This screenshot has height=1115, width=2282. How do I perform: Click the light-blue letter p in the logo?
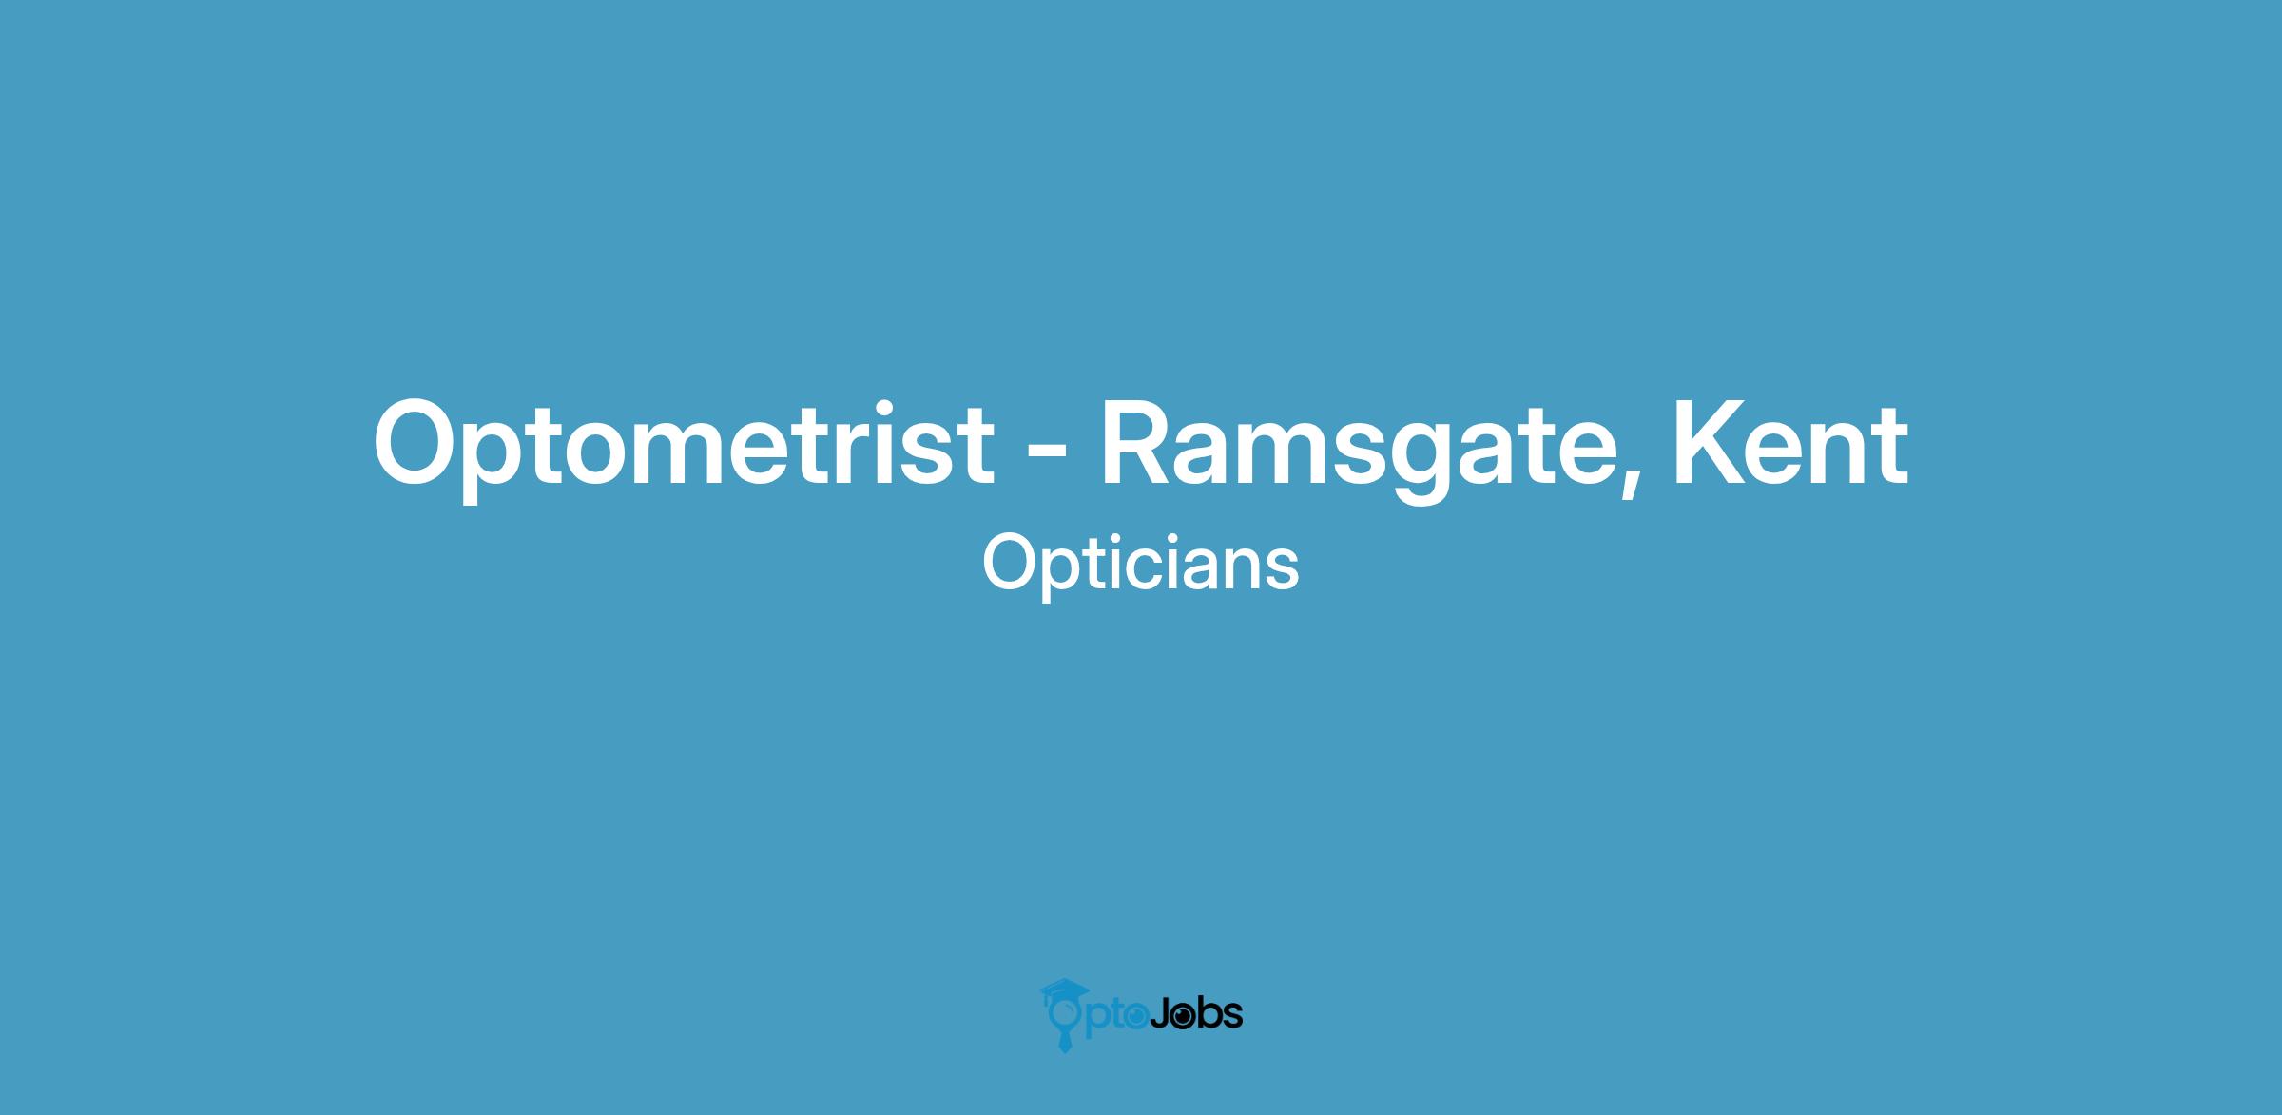click(1095, 1021)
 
